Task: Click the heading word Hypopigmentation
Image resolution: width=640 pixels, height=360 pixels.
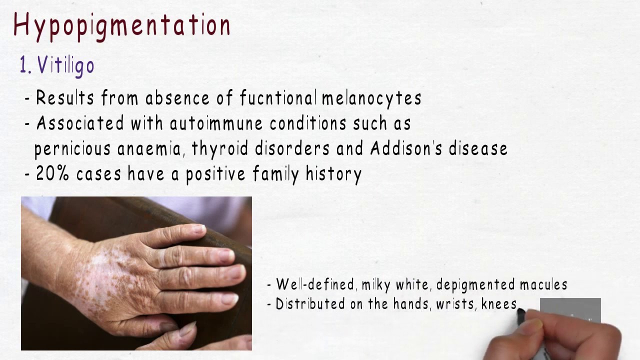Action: [122, 25]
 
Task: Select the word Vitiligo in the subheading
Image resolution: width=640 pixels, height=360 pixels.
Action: [65, 66]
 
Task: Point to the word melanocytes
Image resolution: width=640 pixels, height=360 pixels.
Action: [371, 98]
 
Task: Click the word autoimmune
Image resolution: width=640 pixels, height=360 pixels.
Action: [216, 123]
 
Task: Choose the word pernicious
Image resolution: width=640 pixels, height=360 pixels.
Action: [72, 149]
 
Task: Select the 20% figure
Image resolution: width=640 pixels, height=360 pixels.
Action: [53, 174]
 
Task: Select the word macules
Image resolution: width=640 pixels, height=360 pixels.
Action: [543, 285]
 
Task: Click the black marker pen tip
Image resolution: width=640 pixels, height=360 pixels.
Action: [521, 313]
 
